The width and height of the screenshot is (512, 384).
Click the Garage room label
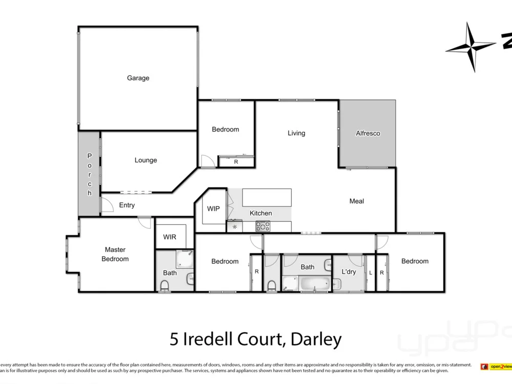pyautogui.click(x=138, y=78)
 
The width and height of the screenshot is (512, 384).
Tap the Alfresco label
pyautogui.click(x=368, y=133)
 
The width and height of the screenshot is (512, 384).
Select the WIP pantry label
pyautogui.click(x=214, y=209)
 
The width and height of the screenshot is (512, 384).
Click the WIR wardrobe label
pyautogui.click(x=169, y=238)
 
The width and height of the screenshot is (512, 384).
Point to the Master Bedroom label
pyautogui.click(x=115, y=254)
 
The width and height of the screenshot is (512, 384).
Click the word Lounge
pyautogui.click(x=145, y=160)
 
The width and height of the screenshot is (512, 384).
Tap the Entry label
pyautogui.click(x=126, y=205)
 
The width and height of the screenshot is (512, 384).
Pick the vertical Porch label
pyautogui.click(x=89, y=174)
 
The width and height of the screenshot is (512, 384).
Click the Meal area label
pyautogui.click(x=356, y=201)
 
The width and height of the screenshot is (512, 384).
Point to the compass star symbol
pyautogui.click(x=471, y=47)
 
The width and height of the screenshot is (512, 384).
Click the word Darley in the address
pyautogui.click(x=315, y=338)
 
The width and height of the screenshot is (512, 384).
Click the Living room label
pyautogui.click(x=296, y=133)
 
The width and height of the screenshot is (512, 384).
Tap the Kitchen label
pyautogui.click(x=261, y=213)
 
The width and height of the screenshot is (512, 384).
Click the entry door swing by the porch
pyautogui.click(x=107, y=205)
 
